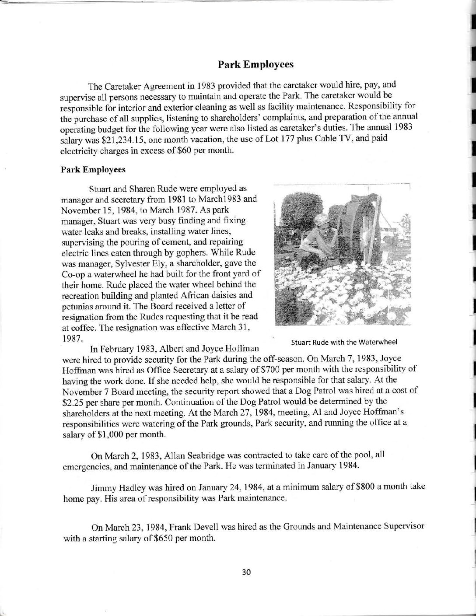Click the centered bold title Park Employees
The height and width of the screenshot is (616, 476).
(x=255, y=64)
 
